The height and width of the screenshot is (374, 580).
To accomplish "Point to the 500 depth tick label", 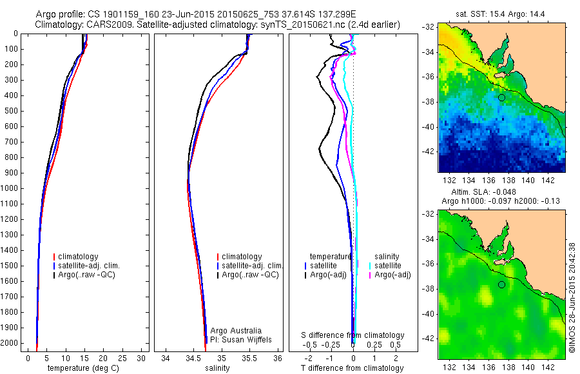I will tap(10, 111).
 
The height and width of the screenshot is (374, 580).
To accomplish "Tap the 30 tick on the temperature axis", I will tap(142, 358).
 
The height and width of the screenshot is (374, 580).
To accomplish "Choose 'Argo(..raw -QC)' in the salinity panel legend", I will tap(249, 275).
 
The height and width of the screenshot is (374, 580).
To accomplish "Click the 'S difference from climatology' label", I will tap(353, 335).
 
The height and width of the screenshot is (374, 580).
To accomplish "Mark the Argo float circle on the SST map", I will tap(501, 97).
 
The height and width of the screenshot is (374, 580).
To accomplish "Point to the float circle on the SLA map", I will tap(501, 284).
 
